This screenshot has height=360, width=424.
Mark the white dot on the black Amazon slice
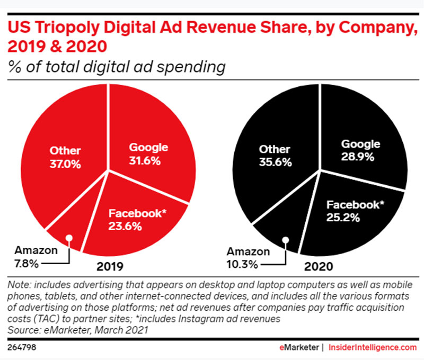coord(285,239)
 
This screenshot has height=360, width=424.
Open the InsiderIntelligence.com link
coord(373,348)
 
